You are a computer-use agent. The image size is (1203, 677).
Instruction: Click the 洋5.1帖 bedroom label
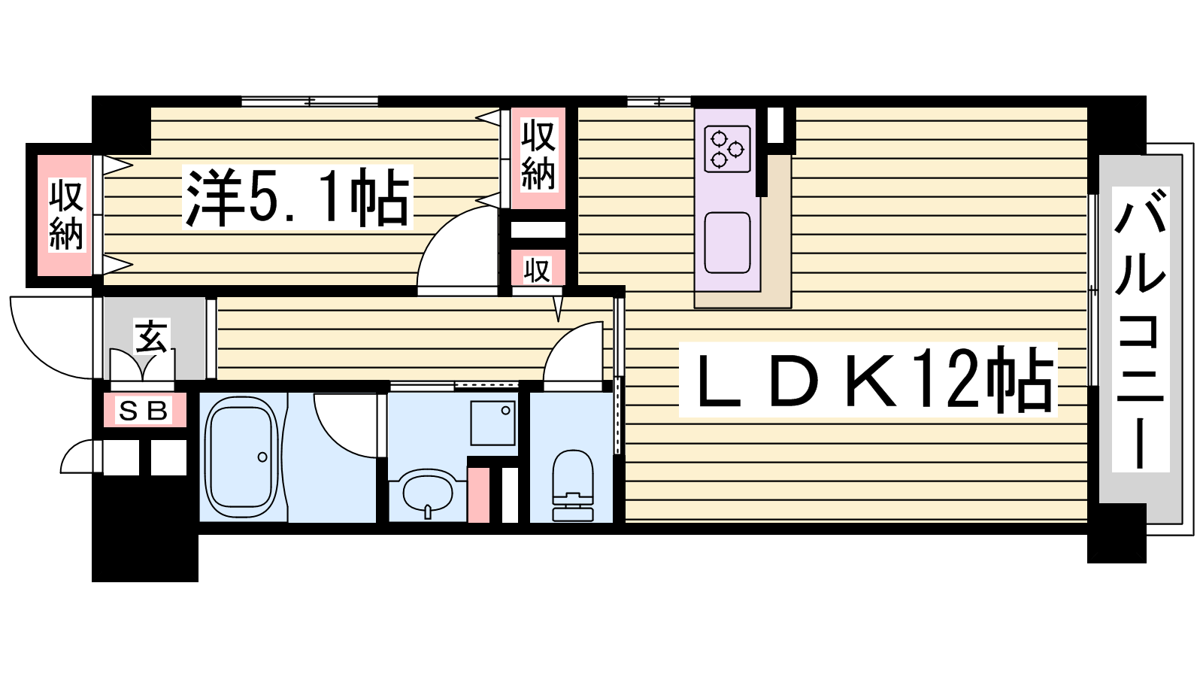pyautogui.click(x=298, y=197)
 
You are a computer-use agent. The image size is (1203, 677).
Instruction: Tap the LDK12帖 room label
pyautogui.click(x=868, y=379)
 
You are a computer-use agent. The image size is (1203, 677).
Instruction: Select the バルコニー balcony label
pyautogui.click(x=1140, y=329)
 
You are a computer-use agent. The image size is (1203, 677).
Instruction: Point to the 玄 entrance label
pyautogui.click(x=151, y=337)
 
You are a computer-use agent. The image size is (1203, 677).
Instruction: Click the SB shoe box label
pyautogui.click(x=144, y=411)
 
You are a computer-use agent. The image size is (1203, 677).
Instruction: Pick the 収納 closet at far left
pyautogui.click(x=66, y=215)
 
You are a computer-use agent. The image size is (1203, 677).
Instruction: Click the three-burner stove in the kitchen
pyautogui.click(x=727, y=149)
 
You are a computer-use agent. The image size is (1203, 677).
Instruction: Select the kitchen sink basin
pyautogui.click(x=727, y=243)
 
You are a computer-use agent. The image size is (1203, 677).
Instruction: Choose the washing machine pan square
pyautogui.click(x=493, y=423)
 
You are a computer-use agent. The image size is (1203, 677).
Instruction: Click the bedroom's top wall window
pyautogui.click(x=310, y=101)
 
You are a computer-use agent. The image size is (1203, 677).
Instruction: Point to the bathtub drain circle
pyautogui.click(x=262, y=457)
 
